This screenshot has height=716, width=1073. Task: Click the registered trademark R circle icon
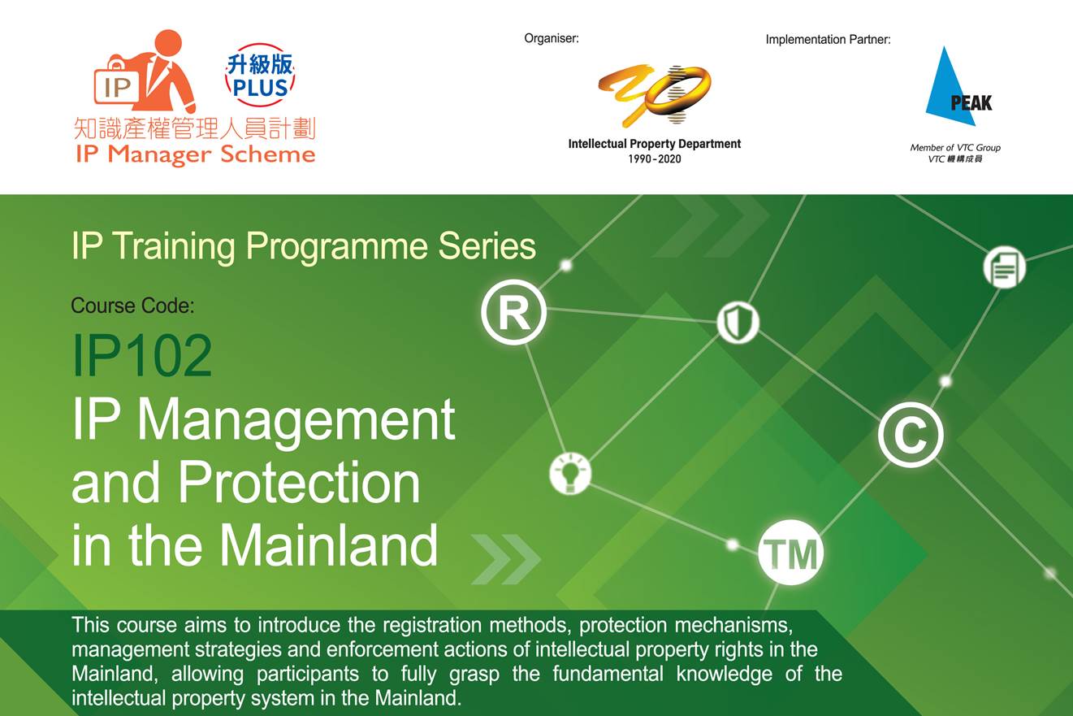(513, 312)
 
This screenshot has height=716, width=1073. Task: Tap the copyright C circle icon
(911, 435)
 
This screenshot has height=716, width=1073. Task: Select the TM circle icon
(790, 553)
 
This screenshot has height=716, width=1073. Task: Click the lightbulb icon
(570, 474)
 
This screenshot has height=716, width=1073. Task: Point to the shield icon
(738, 323)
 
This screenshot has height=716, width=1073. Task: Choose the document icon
(1005, 267)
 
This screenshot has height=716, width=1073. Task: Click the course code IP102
(142, 355)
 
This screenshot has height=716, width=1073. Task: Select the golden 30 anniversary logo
(655, 95)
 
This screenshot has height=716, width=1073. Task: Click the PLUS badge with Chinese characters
(260, 76)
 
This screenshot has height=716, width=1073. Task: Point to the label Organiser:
(552, 38)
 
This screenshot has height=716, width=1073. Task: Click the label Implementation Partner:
(828, 39)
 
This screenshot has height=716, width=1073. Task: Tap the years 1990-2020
(655, 159)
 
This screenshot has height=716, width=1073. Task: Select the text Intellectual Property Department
(655, 144)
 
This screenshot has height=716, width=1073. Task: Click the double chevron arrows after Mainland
(506, 559)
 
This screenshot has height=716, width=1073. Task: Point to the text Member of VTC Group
(955, 148)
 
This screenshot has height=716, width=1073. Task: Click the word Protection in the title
(300, 482)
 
